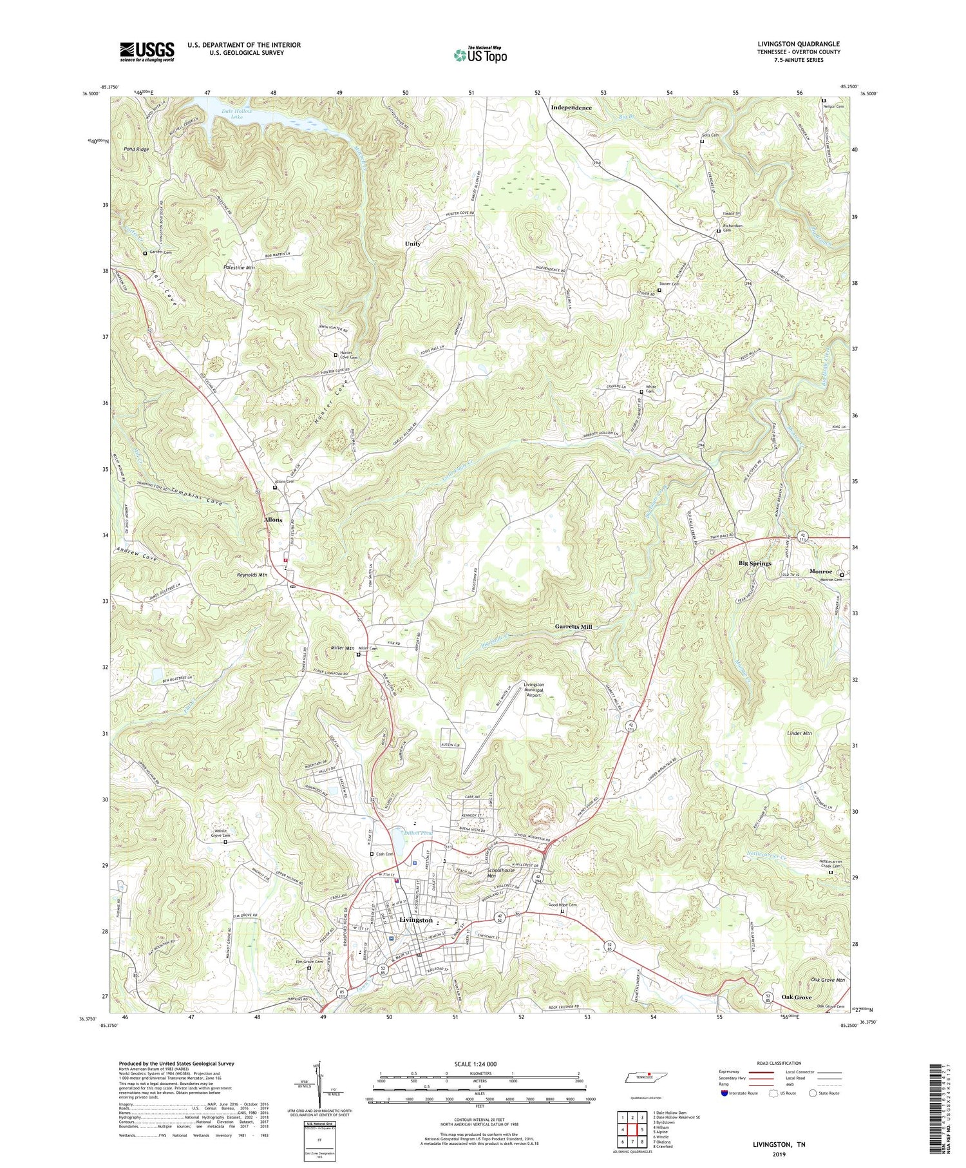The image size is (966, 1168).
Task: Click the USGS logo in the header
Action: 147,52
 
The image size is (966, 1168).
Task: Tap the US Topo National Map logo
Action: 480,55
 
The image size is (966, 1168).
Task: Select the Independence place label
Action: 571,108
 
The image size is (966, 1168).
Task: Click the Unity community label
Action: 412,244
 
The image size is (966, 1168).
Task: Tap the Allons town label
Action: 273,519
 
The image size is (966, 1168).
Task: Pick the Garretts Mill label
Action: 573,626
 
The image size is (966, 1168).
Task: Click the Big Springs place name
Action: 755,563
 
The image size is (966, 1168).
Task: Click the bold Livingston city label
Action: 415,920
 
